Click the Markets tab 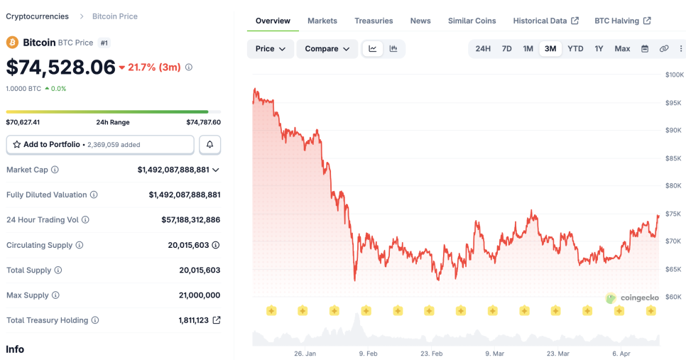point(322,21)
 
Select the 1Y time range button point(599,49)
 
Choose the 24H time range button point(483,49)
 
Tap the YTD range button point(575,49)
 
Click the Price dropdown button point(270,49)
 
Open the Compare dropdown point(327,49)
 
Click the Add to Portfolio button point(100,144)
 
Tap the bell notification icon point(209,144)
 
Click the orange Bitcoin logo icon point(12,43)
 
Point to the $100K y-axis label point(674,75)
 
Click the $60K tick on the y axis point(673,297)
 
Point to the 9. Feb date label point(368,354)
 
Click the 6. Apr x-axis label point(621,354)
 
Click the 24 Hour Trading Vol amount point(190,220)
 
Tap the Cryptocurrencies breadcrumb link point(37,16)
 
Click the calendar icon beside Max point(645,49)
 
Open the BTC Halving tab point(622,21)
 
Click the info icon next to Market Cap point(55,170)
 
